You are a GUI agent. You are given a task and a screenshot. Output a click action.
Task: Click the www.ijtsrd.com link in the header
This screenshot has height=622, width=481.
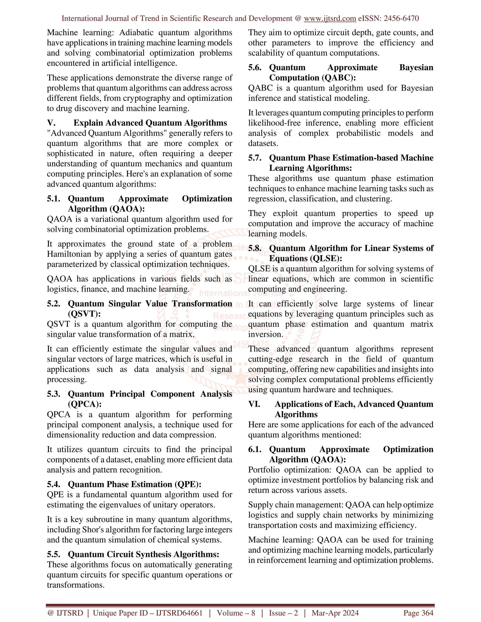pos(330,19)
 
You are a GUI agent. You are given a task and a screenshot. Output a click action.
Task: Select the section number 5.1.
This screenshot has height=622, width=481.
pos(53,199)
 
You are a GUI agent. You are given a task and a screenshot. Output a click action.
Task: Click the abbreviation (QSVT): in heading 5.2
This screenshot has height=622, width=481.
pos(84,314)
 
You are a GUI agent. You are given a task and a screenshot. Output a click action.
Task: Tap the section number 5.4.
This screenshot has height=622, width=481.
pos(53,484)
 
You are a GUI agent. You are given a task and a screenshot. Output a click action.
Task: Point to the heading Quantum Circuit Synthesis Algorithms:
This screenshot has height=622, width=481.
pos(143,554)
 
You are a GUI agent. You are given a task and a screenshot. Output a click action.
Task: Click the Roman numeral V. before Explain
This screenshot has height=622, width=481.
pos(51,123)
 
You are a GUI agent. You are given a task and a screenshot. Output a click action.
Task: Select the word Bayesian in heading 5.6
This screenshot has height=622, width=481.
pos(416,68)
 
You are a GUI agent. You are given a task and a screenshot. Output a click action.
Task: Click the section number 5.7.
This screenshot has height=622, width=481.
pos(254,158)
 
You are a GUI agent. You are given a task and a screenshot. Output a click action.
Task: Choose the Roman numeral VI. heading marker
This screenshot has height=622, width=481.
pos(254,404)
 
